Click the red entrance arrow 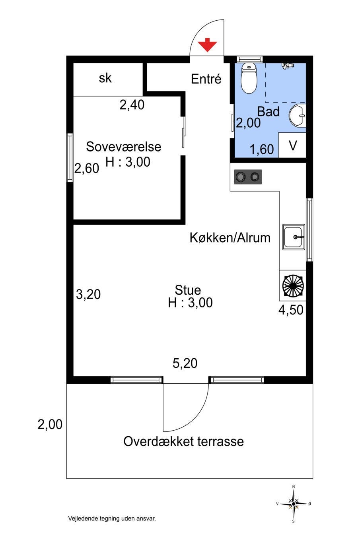coord(207,45)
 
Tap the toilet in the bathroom coord(249,78)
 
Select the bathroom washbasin coord(297,115)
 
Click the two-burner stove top coord(248,177)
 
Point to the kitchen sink coord(294,237)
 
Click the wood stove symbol coord(293,286)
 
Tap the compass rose coord(294,504)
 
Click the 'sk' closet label coord(105,78)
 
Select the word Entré coord(206,79)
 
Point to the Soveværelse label coord(123,147)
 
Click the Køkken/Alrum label coord(230,238)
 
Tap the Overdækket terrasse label coord(183,441)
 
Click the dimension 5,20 coord(185,363)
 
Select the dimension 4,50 coord(291,310)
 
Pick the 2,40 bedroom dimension coord(132,105)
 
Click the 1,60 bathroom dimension coord(262,149)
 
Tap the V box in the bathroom coord(292,145)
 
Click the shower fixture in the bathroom coord(288,66)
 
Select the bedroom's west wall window coord(70,157)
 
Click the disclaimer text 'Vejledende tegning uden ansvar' coord(112,518)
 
